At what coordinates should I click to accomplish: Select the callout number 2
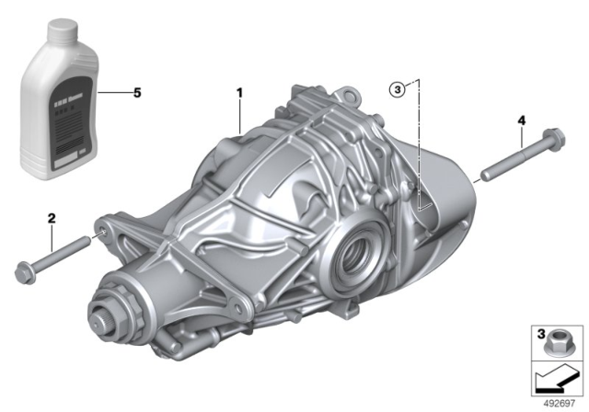(x=52, y=218)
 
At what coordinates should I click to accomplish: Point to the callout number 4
(x=521, y=120)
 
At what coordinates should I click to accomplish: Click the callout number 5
(x=137, y=93)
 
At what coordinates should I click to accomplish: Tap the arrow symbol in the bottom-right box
(x=554, y=377)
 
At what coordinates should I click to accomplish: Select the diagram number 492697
(x=559, y=401)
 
